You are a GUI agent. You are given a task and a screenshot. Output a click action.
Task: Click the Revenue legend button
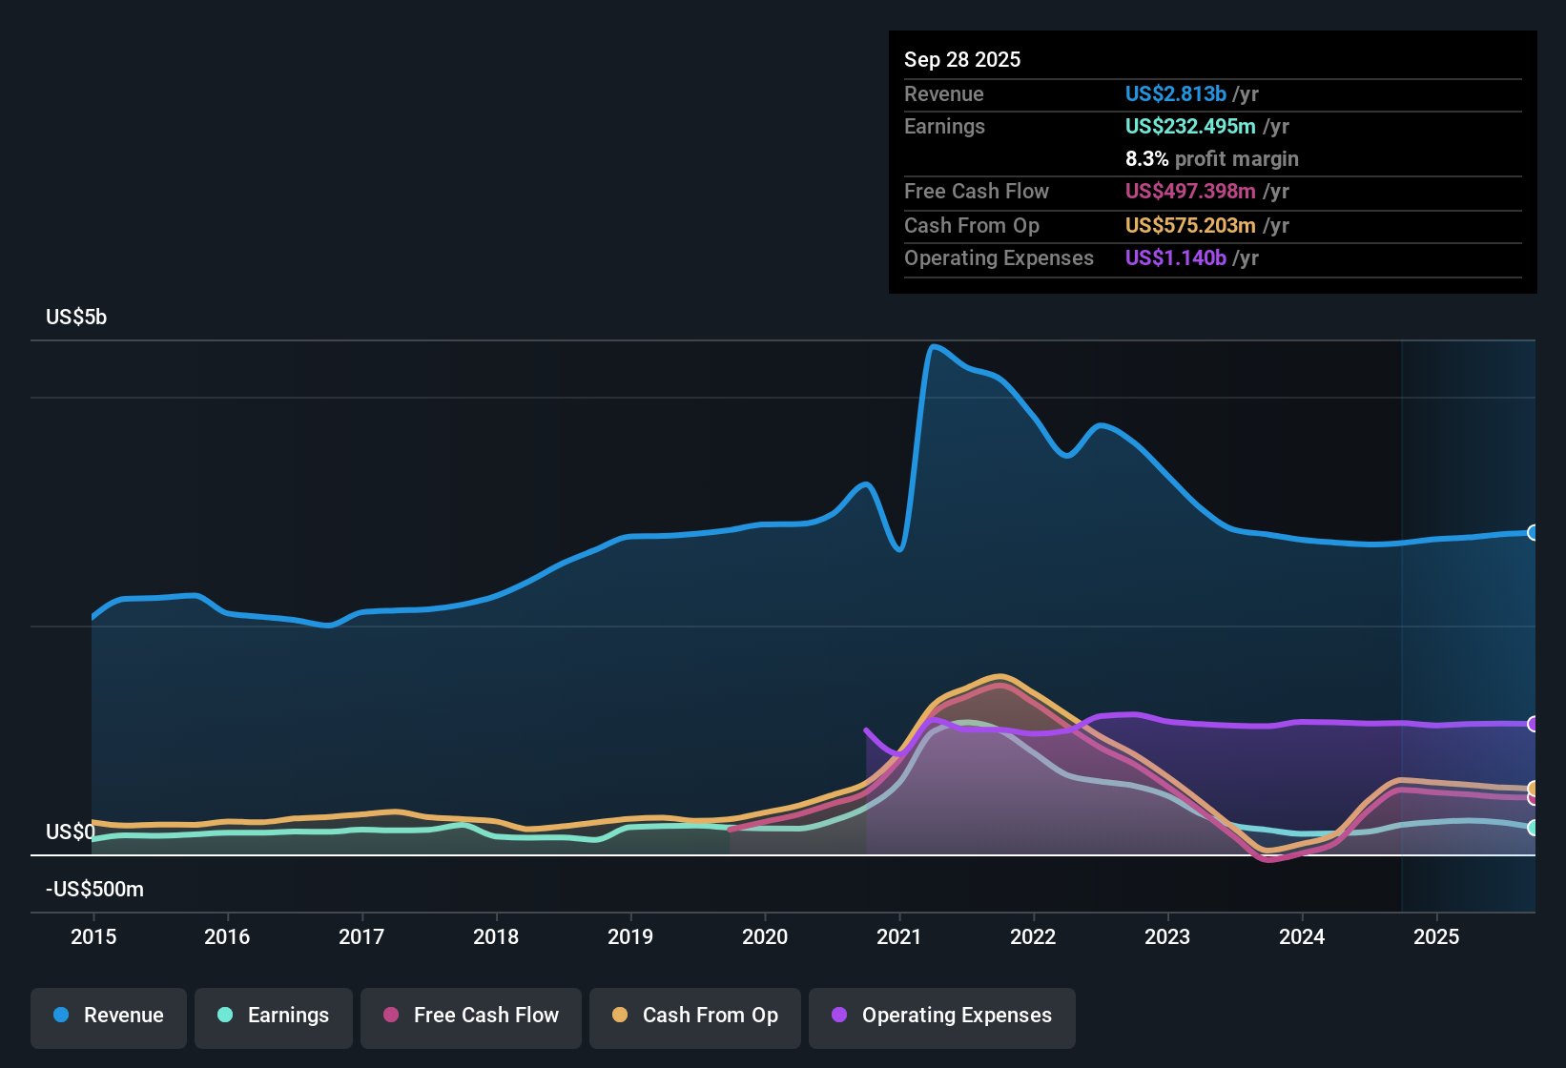coord(109,1016)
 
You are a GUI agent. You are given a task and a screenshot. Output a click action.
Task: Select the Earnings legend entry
coord(274,1016)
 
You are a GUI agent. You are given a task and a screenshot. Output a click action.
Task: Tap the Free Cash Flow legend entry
coord(471,1016)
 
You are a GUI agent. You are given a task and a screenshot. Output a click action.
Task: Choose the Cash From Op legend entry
coord(695,1016)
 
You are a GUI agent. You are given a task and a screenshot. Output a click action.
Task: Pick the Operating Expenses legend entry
coord(942,1016)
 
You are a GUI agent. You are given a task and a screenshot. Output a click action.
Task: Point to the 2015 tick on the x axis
coord(93,936)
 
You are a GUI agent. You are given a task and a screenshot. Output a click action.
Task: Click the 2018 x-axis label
coord(496,936)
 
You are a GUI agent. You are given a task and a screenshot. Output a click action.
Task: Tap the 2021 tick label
coord(898,936)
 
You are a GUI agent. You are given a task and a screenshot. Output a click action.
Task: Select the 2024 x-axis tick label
coord(1302,936)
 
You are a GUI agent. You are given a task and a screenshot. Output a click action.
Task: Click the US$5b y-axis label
coord(76,318)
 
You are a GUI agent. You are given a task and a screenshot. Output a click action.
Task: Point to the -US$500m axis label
coord(94,890)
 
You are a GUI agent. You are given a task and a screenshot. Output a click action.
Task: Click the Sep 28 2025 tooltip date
coord(962,60)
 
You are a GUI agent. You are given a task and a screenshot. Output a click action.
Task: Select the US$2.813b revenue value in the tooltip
coord(1175,94)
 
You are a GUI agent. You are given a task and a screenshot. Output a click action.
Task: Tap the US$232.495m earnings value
coord(1189,127)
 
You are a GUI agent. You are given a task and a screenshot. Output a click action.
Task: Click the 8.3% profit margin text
coord(1211,159)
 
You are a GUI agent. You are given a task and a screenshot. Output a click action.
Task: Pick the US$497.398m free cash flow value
coord(1189,192)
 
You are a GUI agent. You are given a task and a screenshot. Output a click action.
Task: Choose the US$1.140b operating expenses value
coord(1175,258)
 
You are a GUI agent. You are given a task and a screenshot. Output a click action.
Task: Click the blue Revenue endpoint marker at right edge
coord(1533,532)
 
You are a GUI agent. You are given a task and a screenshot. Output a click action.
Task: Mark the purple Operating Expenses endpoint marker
coord(1533,724)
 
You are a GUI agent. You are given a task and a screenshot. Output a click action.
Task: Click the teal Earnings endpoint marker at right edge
coord(1533,828)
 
